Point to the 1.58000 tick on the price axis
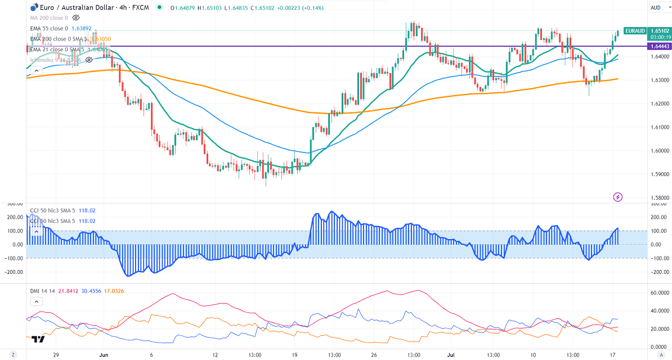[x=658, y=198]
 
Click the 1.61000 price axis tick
[x=658, y=127]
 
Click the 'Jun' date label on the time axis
[x=103, y=355]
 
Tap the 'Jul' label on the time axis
[x=450, y=355]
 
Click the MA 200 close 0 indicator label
[x=49, y=18]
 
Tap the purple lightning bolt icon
[x=618, y=197]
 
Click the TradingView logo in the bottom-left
[x=38, y=339]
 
